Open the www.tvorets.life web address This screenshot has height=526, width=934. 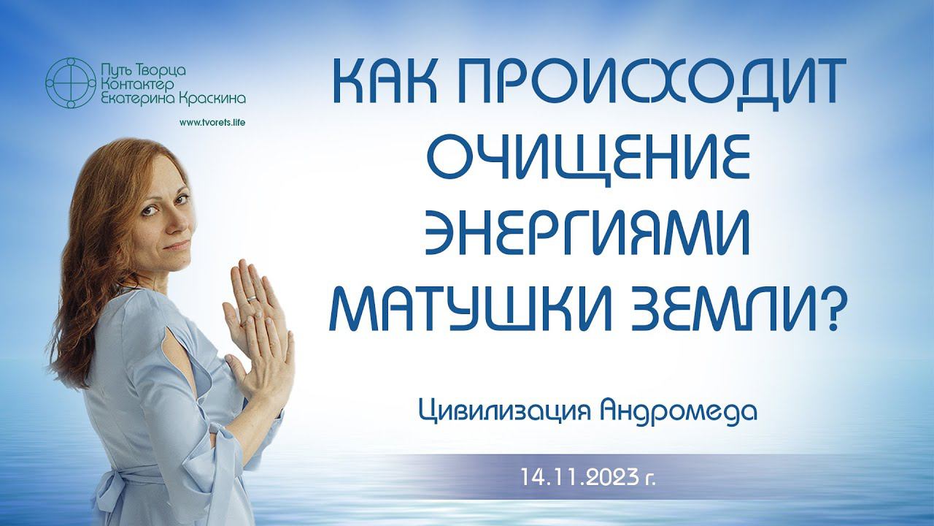[212, 123]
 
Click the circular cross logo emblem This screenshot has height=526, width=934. [71, 83]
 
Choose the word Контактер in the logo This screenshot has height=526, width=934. [136, 85]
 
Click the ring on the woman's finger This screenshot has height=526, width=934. [253, 298]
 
